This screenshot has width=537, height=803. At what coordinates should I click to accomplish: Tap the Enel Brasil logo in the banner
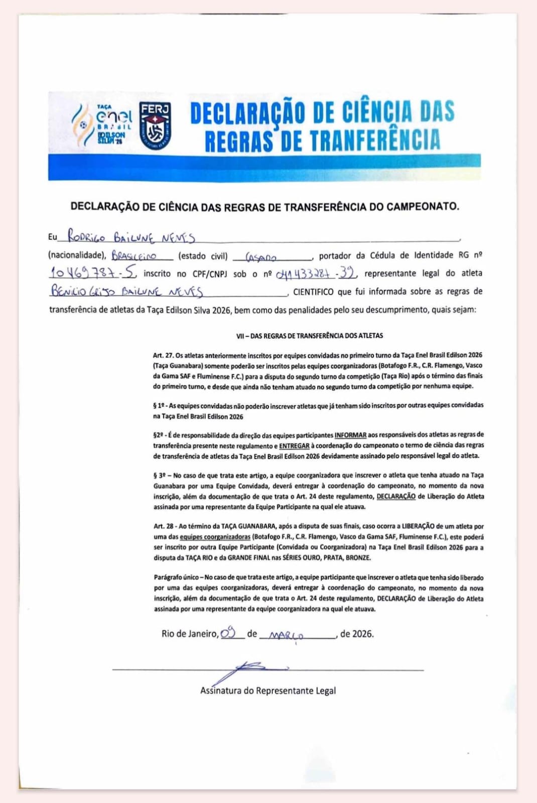click(103, 124)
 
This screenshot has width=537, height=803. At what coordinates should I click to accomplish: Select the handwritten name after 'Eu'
click(131, 236)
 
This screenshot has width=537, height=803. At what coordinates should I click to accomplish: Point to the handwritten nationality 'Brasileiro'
click(134, 255)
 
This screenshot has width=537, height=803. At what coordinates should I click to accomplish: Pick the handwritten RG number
click(92, 273)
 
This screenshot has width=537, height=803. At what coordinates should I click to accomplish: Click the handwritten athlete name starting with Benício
click(126, 291)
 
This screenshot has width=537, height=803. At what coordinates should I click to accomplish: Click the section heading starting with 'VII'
click(309, 335)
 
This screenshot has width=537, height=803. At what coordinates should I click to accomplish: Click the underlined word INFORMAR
click(350, 435)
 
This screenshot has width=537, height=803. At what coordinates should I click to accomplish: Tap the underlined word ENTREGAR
click(294, 445)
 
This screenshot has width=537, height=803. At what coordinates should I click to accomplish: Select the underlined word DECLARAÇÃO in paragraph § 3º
click(396, 496)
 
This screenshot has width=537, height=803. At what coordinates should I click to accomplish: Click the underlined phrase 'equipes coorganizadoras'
click(215, 537)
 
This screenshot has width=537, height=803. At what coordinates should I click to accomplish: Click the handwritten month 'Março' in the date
click(287, 635)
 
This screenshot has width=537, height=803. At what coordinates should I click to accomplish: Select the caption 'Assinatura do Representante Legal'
click(268, 691)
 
